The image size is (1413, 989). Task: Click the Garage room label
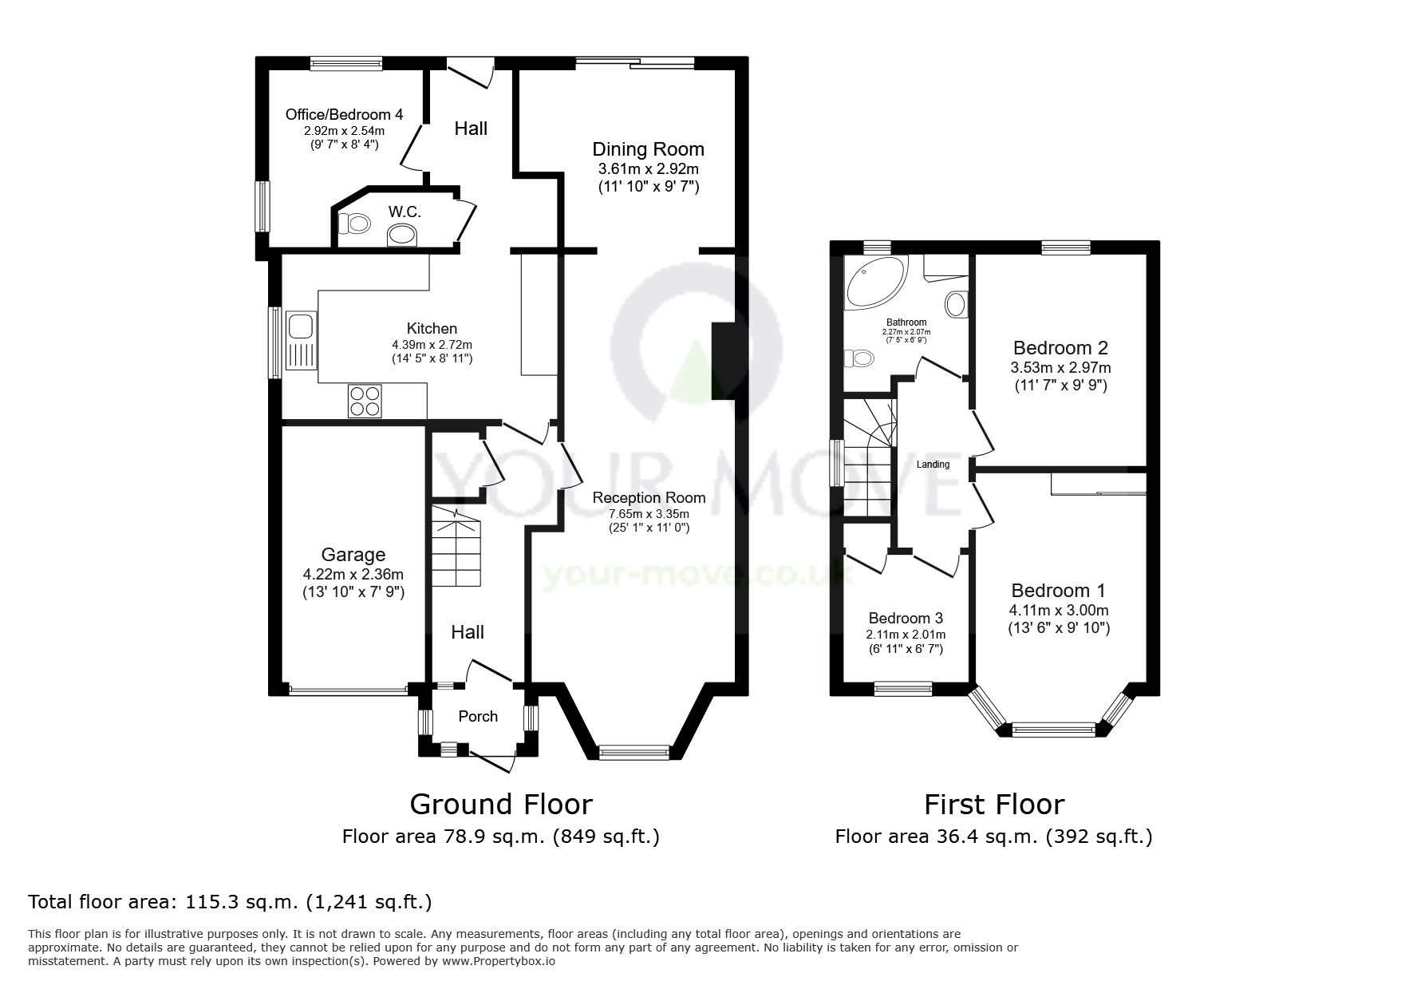tap(353, 555)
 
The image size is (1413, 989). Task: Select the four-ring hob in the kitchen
tap(365, 401)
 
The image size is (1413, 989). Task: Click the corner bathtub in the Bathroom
tap(876, 283)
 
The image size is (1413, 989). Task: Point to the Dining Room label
tap(648, 149)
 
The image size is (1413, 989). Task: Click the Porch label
tap(478, 716)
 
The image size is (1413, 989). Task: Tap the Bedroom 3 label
tap(906, 618)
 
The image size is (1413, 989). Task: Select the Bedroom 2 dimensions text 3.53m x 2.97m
tap(1060, 368)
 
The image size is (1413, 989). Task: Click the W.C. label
tap(405, 212)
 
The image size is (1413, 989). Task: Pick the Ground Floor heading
tap(501, 804)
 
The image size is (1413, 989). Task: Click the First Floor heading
tap(994, 804)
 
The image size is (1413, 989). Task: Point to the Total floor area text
tap(230, 902)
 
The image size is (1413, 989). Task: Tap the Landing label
tap(933, 465)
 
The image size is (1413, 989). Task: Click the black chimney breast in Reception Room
tap(723, 360)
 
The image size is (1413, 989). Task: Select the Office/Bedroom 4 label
tap(344, 114)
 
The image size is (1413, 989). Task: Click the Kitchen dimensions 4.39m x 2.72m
tap(432, 345)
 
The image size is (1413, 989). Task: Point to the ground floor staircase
tap(457, 547)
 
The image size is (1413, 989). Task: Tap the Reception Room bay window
tap(634, 752)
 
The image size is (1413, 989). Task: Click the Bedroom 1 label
tap(1058, 591)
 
